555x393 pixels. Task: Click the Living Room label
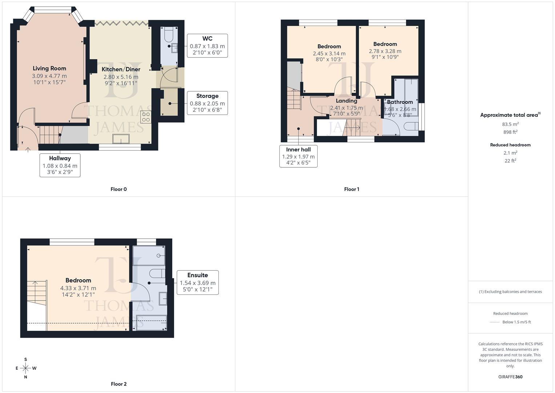49,68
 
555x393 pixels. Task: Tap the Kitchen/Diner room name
121,69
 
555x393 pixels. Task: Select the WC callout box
207,46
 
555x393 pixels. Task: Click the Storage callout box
207,103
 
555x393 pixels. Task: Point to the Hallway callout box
60,165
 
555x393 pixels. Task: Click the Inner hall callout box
298,156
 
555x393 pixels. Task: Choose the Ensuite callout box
197,282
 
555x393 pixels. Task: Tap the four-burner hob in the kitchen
146,116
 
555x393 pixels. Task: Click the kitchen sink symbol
121,139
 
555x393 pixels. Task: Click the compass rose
25,368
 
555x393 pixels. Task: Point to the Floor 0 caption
118,189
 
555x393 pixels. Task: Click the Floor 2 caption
118,384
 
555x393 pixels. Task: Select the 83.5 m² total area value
510,124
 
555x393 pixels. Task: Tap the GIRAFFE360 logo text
510,377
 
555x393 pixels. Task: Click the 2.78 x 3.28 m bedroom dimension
385,51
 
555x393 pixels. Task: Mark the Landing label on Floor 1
346,101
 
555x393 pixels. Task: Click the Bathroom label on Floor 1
400,102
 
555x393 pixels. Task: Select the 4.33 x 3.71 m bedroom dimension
78,288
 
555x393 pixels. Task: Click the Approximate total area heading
510,115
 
